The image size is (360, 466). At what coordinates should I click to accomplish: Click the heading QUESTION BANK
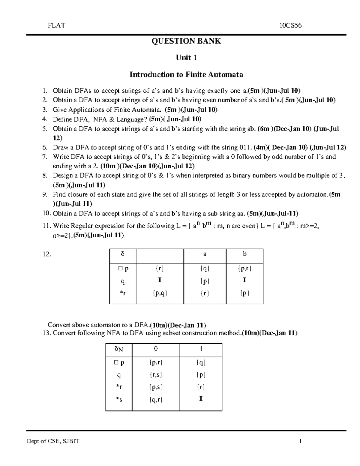(186, 41)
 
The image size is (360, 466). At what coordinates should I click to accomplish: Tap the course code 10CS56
(290, 26)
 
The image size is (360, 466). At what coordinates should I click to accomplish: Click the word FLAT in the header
(56, 26)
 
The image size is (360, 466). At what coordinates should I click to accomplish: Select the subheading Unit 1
(186, 58)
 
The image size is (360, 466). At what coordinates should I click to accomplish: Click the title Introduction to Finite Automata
(186, 74)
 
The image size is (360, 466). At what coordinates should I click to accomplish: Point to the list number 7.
(45, 157)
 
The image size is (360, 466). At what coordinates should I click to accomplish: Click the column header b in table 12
(244, 254)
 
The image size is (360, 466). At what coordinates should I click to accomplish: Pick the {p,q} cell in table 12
(160, 293)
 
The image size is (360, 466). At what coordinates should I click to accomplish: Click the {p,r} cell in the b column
(244, 269)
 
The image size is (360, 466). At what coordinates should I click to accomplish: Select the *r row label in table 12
(122, 293)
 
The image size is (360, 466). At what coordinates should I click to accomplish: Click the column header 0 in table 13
(156, 349)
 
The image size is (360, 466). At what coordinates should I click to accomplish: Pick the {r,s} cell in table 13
(156, 374)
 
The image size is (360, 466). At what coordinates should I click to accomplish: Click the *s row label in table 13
(119, 399)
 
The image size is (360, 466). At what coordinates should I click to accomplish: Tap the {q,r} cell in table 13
(156, 399)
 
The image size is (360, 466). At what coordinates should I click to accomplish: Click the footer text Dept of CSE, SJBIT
(53, 441)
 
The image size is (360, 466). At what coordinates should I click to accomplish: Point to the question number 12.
(47, 254)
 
